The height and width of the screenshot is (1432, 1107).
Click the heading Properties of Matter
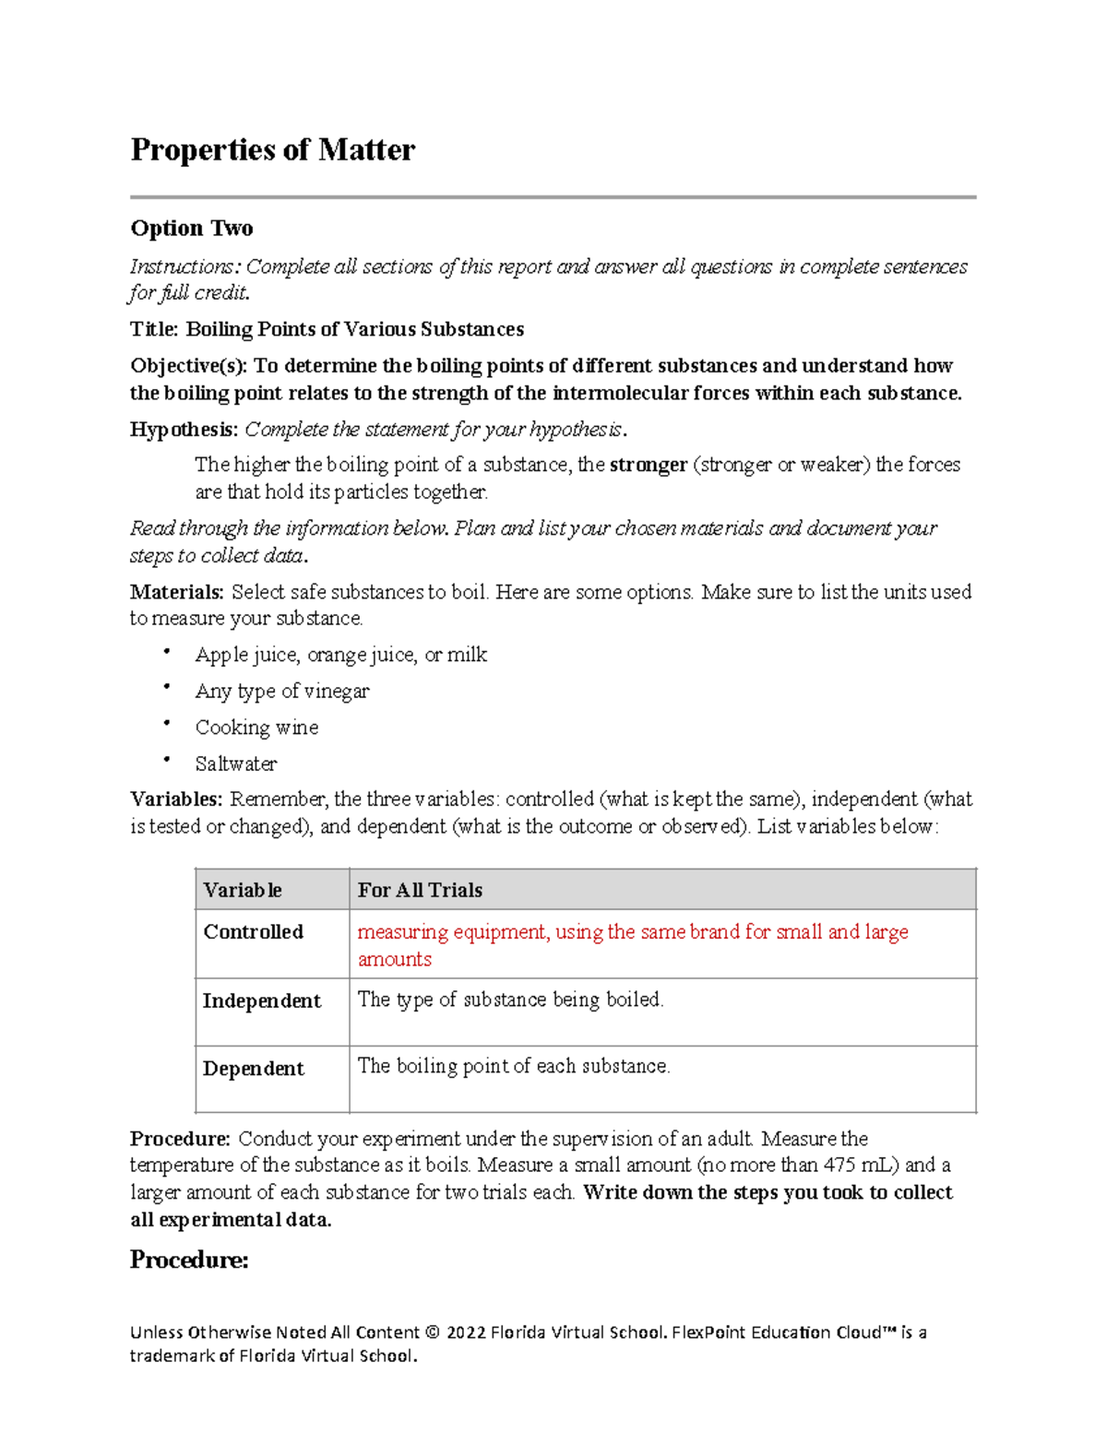tap(273, 149)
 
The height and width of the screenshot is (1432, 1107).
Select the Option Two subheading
tap(192, 228)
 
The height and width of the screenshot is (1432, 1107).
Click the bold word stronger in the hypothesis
tap(649, 465)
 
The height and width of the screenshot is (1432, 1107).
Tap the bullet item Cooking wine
tap(256, 728)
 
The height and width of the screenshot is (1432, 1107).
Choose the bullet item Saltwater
tap(236, 763)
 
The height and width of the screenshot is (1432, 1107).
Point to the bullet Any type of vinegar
tap(282, 691)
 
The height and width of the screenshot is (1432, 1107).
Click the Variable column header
tap(243, 890)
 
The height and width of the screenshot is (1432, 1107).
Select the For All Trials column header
tap(420, 890)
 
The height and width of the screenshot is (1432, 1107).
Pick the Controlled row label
tap(253, 931)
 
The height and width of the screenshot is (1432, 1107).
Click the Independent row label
tap(262, 1000)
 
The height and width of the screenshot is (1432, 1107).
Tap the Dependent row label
tap(253, 1068)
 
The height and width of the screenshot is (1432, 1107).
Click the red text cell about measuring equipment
tap(633, 944)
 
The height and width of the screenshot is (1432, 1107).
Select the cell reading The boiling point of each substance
tap(514, 1066)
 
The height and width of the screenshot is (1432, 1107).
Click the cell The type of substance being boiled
tap(510, 1000)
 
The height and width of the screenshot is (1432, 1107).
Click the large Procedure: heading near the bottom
tap(189, 1260)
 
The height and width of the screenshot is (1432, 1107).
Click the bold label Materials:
tap(176, 592)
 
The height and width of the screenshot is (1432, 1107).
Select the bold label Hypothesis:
tap(184, 430)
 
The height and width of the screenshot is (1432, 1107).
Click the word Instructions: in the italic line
tap(184, 267)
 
